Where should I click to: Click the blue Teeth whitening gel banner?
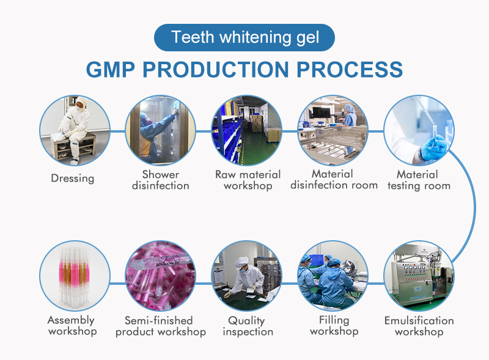pyautogui.click(x=244, y=37)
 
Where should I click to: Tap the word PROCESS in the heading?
pyautogui.click(x=354, y=68)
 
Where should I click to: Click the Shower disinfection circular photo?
pyautogui.click(x=160, y=130)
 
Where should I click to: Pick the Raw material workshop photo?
pyautogui.click(x=246, y=130)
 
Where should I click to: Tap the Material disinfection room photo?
pyautogui.click(x=333, y=130)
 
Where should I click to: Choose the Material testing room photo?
pyautogui.click(x=419, y=130)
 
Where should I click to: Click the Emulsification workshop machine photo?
pyautogui.click(x=419, y=276)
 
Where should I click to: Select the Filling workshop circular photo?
pyautogui.click(x=333, y=276)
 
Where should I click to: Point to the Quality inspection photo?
pyautogui.click(x=246, y=276)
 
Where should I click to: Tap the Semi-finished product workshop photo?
pyautogui.click(x=160, y=276)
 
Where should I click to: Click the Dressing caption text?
pyautogui.click(x=73, y=178)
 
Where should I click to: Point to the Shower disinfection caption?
pyautogui.click(x=161, y=180)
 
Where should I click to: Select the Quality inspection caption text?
pyautogui.click(x=247, y=326)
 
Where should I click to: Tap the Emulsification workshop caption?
pyautogui.click(x=419, y=326)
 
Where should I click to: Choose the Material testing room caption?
pyautogui.click(x=419, y=180)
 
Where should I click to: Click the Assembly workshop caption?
pyautogui.click(x=72, y=326)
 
